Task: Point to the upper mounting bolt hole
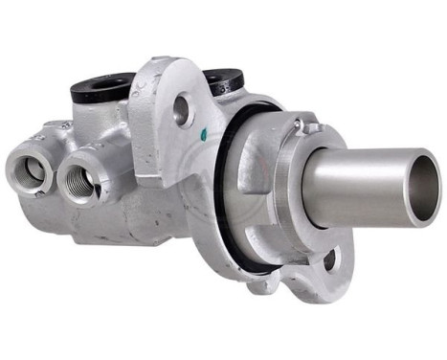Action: [x=181, y=109]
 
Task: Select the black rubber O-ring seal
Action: [x=222, y=191]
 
